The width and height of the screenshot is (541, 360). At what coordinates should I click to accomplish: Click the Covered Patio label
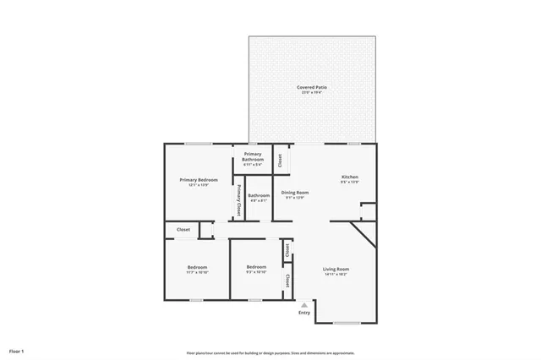[x=312, y=87]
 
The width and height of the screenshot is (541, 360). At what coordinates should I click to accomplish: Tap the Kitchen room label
[x=350, y=176]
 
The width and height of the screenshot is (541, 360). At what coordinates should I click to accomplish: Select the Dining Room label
[x=295, y=193]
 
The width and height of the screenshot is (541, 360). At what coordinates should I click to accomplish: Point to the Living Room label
[x=336, y=269]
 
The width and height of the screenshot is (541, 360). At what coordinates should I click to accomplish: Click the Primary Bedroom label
[x=199, y=179]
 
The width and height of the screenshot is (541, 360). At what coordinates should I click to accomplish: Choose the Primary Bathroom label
[x=253, y=156]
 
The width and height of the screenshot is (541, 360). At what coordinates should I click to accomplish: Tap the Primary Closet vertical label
[x=239, y=199]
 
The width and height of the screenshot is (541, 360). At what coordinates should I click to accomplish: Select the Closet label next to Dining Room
[x=280, y=157]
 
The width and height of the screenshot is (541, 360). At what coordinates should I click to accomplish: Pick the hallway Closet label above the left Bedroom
[x=183, y=229]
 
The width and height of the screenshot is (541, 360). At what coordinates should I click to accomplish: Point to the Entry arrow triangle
[x=304, y=305]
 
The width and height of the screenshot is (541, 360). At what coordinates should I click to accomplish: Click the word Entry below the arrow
[x=304, y=313]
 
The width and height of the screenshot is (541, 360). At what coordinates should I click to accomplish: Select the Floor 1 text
[x=17, y=350]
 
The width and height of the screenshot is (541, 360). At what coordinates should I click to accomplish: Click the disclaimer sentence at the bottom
[x=270, y=352]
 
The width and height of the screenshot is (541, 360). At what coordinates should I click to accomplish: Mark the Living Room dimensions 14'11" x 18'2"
[x=336, y=275]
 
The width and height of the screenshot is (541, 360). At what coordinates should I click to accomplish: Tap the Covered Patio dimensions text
[x=312, y=93]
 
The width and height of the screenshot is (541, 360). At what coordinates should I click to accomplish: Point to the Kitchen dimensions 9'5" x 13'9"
[x=350, y=182]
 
